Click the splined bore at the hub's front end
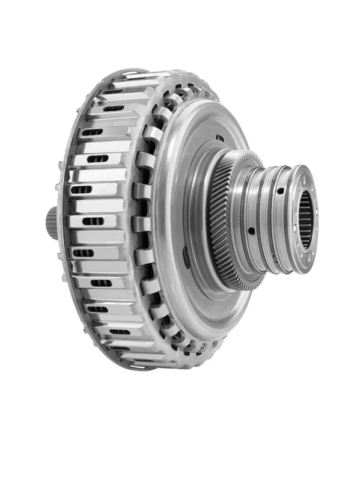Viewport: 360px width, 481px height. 305,219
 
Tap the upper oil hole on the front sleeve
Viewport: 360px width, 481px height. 280,191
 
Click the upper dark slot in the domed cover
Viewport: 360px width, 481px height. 220,138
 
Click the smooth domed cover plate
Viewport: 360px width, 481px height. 180,198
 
